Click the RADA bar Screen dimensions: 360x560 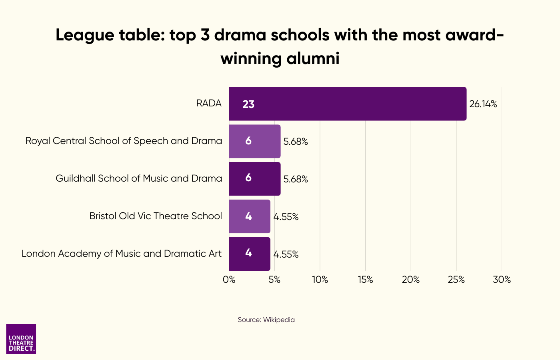click(x=347, y=104)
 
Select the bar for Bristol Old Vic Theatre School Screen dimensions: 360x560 click(x=250, y=216)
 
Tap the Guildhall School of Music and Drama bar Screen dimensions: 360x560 click(x=254, y=179)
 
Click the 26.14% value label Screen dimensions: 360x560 click(x=483, y=104)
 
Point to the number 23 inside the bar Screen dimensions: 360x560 click(x=248, y=104)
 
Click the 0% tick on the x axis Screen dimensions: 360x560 click(x=229, y=280)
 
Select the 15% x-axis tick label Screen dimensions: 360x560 click(x=365, y=280)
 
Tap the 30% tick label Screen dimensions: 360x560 click(x=502, y=280)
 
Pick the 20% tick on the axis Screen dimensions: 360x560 click(x=411, y=280)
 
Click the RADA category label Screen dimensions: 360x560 click(x=209, y=104)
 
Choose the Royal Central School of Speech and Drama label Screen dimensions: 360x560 click(x=124, y=141)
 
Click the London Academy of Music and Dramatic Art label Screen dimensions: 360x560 click(x=122, y=254)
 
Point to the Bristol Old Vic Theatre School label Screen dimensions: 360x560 click(x=156, y=216)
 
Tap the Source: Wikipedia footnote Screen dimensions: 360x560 click(x=266, y=320)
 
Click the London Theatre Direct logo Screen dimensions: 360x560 click(x=21, y=339)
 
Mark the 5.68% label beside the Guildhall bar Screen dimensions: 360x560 click(x=296, y=179)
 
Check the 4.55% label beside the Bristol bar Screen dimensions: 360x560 click(x=286, y=217)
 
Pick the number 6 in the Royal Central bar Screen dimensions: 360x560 click(x=248, y=141)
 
